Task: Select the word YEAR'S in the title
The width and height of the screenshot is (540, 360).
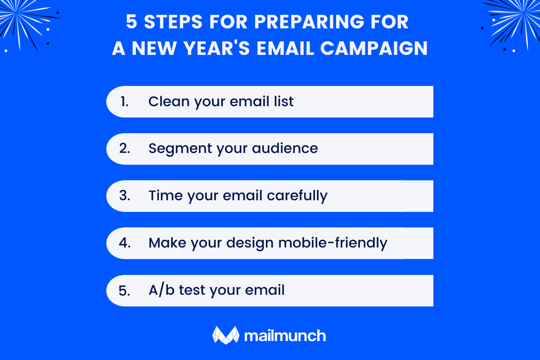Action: click(228, 49)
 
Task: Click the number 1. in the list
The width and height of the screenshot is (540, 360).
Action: click(125, 102)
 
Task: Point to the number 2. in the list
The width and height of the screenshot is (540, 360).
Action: click(125, 148)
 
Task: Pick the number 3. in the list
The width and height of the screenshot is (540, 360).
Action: click(125, 196)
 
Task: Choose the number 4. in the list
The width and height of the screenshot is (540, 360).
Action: click(125, 243)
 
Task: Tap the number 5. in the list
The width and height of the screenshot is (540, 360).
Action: click(125, 290)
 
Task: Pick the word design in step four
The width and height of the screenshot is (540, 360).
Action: click(249, 243)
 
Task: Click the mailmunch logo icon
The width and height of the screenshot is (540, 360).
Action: click(225, 335)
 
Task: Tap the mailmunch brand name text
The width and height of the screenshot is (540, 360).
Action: click(285, 336)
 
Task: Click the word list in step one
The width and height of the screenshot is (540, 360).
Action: click(285, 102)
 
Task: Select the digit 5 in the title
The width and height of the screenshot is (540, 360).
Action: click(131, 22)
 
